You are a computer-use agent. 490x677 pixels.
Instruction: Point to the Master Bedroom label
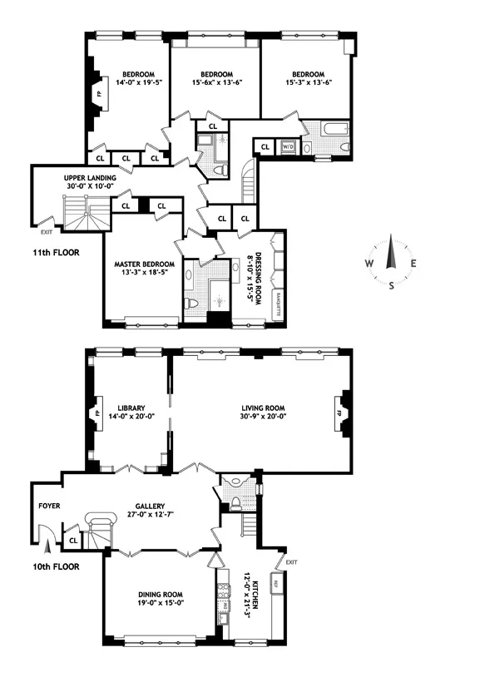coord(141,265)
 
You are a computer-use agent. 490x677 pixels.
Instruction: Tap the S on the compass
coord(392,285)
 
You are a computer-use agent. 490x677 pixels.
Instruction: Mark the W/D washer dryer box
coord(288,147)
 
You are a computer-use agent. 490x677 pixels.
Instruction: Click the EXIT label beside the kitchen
coord(290,562)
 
